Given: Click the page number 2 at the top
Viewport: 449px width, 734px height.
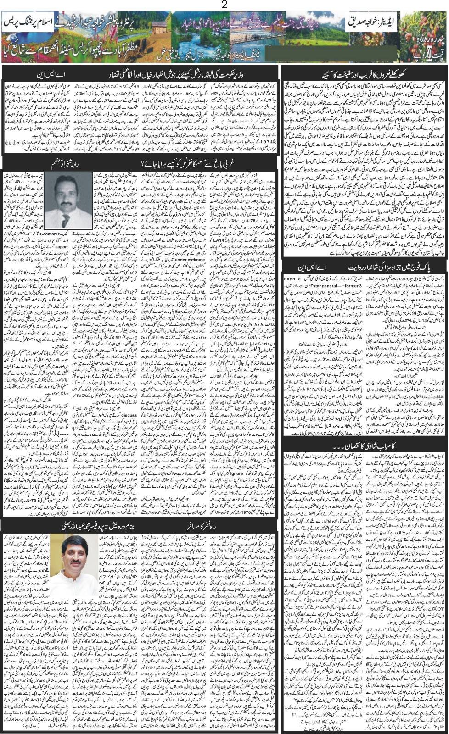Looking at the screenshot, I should [x=224, y=5].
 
